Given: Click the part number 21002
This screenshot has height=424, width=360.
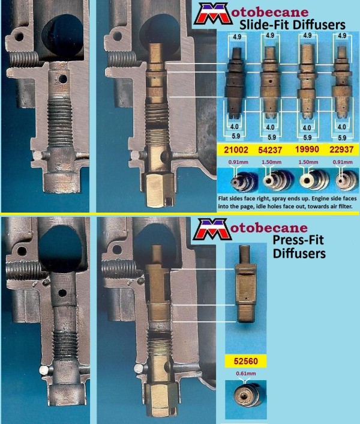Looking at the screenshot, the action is (236, 150).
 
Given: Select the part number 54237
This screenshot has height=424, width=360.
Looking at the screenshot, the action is (270, 150).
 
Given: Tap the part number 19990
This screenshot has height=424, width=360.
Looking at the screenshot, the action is (307, 149).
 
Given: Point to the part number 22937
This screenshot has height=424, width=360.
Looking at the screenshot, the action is (341, 150).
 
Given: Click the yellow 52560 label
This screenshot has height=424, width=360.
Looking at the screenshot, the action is (246, 361).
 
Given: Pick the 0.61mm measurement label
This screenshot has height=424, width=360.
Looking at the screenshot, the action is (246, 374).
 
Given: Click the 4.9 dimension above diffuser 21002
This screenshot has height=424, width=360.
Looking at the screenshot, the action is (237, 37).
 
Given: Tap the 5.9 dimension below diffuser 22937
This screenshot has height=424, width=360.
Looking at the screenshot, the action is (342, 138).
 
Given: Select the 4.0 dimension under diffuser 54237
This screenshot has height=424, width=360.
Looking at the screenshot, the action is (271, 127).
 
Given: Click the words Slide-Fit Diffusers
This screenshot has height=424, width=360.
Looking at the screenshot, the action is (292, 25).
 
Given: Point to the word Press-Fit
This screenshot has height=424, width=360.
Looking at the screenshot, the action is (298, 240).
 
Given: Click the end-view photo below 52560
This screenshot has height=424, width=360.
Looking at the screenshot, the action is (246, 395).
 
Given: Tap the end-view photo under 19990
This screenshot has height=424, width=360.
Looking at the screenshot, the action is (314, 180).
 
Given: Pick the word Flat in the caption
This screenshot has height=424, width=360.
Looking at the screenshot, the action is (223, 198).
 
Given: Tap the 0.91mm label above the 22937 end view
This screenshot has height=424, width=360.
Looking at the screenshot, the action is (343, 162).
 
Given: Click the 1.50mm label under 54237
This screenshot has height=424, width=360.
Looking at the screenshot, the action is (271, 162).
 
